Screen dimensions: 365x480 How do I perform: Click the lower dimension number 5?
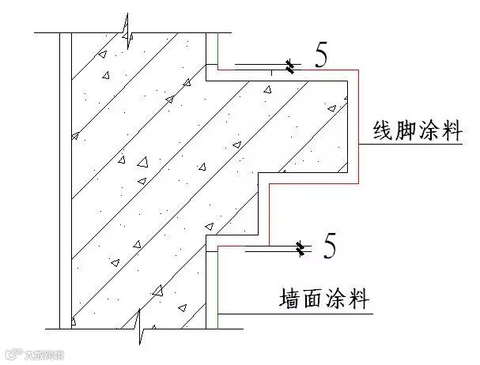click(330, 247)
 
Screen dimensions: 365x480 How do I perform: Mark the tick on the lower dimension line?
click(300, 250)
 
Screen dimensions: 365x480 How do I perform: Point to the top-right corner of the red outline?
click(359, 70)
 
